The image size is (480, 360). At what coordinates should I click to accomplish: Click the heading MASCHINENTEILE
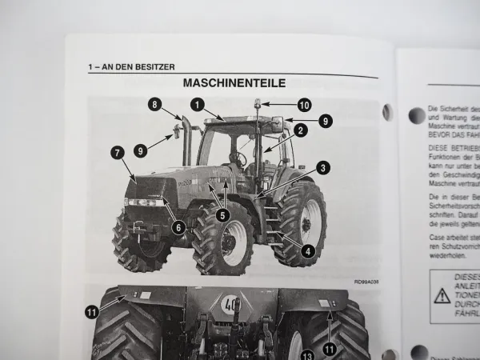(x=234, y=82)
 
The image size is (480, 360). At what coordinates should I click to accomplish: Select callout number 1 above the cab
(x=197, y=103)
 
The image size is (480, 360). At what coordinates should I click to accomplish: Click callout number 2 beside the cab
(x=300, y=129)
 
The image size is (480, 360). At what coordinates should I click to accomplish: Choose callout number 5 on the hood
(x=222, y=214)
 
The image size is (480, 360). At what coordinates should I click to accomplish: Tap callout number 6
(x=178, y=227)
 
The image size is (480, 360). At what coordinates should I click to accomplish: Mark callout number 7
(x=117, y=151)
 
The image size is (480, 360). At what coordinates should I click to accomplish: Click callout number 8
(x=154, y=103)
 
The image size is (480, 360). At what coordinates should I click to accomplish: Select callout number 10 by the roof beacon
(x=304, y=104)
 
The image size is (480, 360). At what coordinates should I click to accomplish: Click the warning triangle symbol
(x=442, y=295)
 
